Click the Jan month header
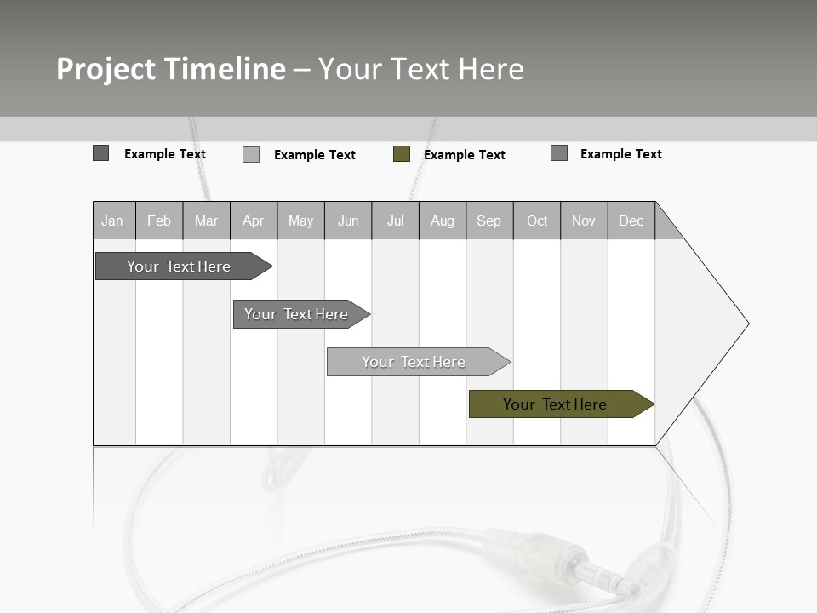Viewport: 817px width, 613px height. click(113, 221)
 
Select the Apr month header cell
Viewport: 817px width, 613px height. click(254, 221)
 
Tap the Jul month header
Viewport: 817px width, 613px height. click(396, 221)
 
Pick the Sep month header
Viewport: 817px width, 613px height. click(489, 221)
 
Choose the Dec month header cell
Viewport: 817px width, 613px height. click(631, 221)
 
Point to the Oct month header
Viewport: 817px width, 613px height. click(537, 221)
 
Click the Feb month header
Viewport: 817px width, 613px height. click(159, 221)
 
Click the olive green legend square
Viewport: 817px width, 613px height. click(402, 154)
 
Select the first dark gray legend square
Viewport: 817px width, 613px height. click(101, 153)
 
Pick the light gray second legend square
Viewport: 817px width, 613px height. click(251, 154)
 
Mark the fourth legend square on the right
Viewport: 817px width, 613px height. click(559, 153)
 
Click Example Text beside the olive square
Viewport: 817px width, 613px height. click(465, 155)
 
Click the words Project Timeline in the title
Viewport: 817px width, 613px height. click(171, 69)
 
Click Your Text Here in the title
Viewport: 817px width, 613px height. click(421, 69)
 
